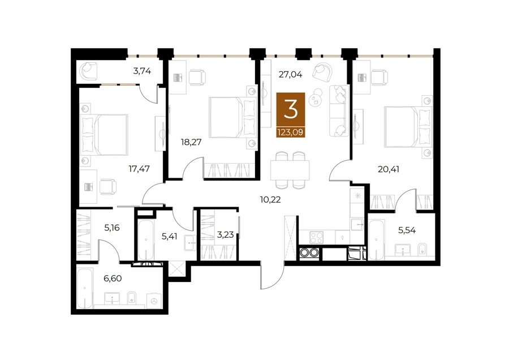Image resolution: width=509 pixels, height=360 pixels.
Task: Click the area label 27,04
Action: tap(291, 75)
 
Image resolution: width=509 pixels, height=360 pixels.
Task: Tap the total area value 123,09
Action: tap(291, 132)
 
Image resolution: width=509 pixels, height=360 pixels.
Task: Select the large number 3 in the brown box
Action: tap(291, 109)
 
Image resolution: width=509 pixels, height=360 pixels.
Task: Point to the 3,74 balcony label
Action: tap(142, 71)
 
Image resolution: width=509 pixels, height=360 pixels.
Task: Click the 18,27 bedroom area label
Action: tap(192, 142)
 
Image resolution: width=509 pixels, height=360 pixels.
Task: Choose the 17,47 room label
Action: tap(139, 169)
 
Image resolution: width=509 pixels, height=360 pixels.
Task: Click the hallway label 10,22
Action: tap(270, 199)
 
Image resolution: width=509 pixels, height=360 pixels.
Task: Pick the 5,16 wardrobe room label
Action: tap(111, 228)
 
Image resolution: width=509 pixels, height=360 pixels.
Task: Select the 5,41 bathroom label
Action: tap(170, 236)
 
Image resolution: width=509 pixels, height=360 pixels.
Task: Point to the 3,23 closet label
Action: tap(225, 234)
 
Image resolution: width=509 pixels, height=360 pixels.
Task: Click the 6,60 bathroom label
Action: tap(113, 278)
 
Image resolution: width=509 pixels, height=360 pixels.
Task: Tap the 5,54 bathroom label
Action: tap(407, 230)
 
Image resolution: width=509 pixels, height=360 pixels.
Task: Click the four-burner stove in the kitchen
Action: tap(316, 237)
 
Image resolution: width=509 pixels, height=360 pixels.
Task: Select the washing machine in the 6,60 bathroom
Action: tap(153, 301)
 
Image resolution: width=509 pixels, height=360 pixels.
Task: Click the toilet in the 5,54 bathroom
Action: tap(422, 249)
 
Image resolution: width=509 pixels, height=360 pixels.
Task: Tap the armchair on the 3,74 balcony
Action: tap(89, 71)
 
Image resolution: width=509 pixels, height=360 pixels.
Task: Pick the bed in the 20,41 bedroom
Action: tap(408, 126)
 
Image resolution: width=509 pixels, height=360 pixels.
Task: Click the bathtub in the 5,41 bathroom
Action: tap(146, 240)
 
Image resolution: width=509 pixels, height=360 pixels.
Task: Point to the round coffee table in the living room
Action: tap(316, 98)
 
